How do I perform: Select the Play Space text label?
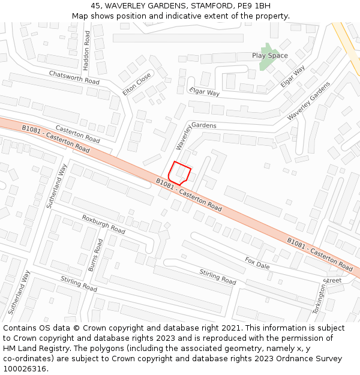coord(269,55)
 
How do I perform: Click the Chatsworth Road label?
coord(74,77)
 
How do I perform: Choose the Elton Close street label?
coord(137,85)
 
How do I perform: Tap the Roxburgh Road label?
coord(104,224)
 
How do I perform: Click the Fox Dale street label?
coord(257,263)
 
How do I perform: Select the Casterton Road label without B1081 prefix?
coord(78,134)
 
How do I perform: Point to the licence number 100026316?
coord(25,369)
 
